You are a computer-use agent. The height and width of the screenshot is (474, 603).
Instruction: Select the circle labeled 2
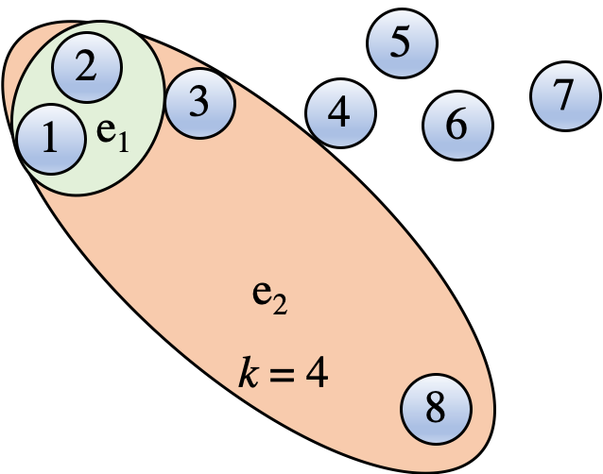86,67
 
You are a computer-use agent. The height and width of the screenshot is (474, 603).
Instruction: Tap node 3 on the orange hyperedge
198,102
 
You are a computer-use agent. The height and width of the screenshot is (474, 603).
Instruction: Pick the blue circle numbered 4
340,113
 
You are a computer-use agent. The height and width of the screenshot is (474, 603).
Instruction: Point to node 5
401,43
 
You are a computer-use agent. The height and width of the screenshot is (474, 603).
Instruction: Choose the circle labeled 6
457,124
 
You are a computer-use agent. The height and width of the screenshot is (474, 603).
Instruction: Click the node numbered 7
563,94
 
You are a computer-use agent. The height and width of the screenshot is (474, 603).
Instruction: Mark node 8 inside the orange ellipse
435,409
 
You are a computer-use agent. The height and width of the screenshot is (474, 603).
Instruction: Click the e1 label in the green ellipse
112,137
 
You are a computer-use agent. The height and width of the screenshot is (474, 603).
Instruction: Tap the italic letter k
247,374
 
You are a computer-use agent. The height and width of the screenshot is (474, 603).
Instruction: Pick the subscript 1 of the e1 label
123,144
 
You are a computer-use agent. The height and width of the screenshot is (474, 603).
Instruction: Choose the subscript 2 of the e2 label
281,305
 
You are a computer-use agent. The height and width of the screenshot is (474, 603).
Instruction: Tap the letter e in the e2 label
261,294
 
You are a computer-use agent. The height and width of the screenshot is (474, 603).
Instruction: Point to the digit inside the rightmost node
563,94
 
